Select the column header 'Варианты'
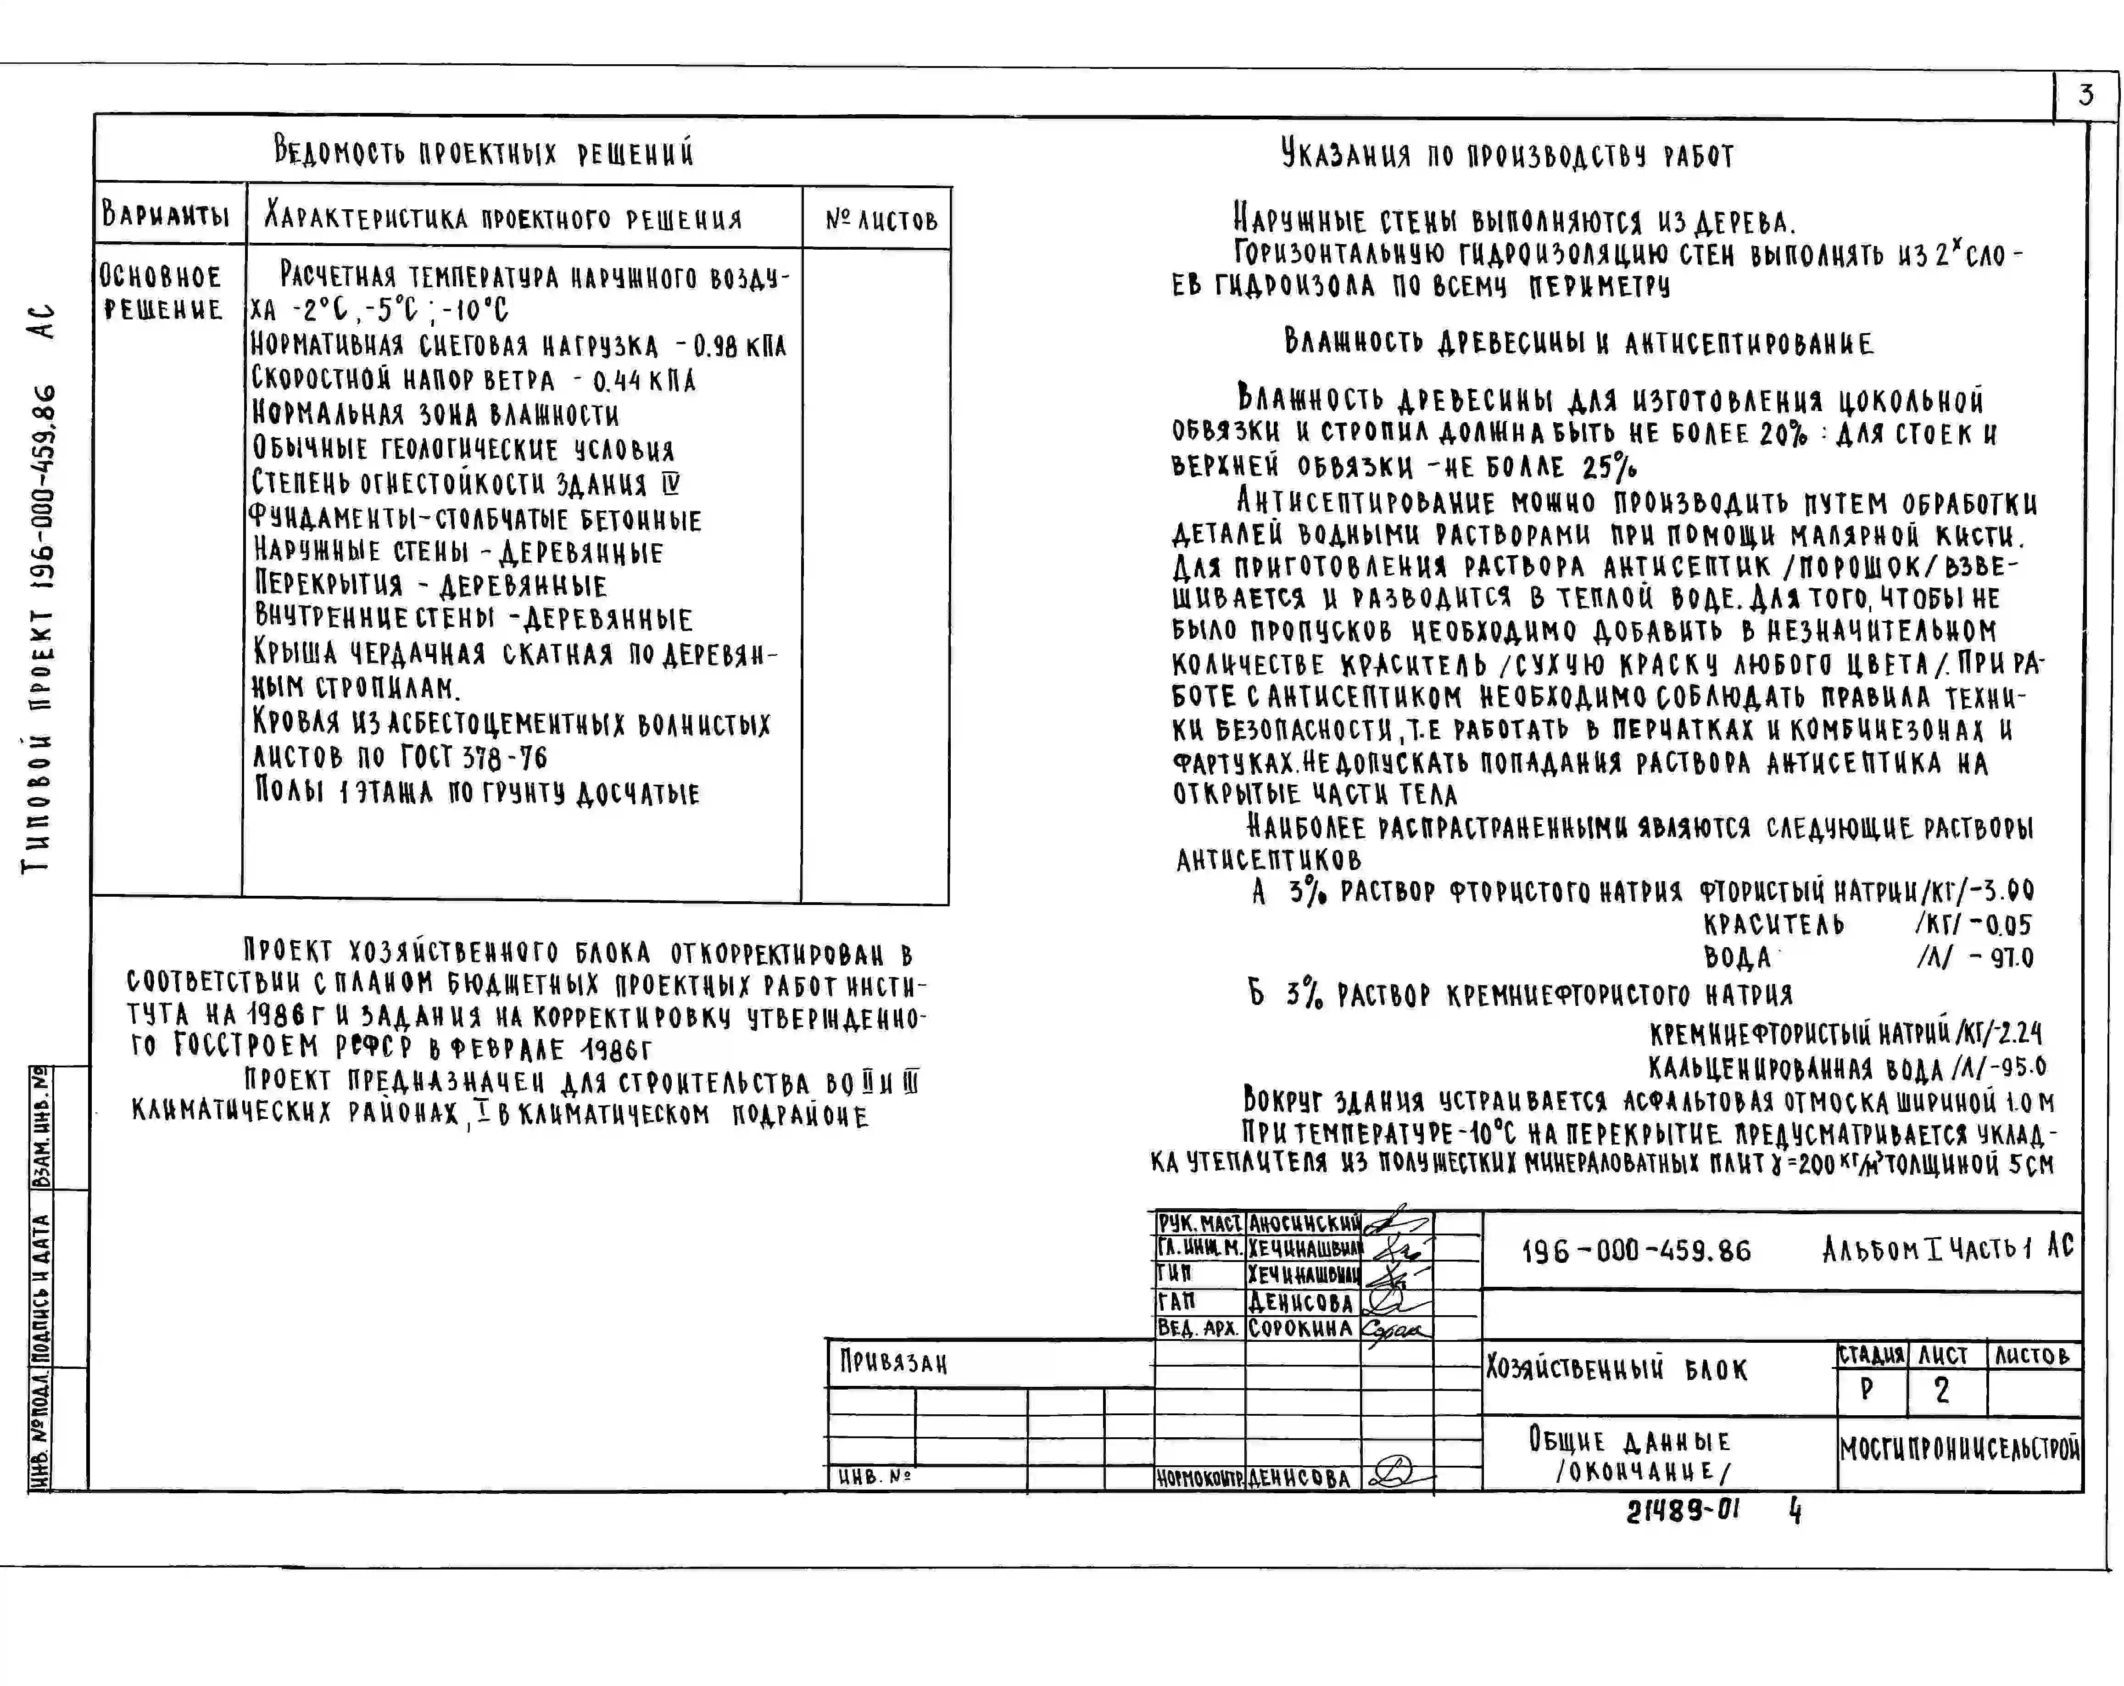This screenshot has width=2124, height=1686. click(x=166, y=215)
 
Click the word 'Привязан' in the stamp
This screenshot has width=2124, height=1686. click(x=892, y=1363)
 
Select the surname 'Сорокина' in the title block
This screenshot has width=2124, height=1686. click(x=1299, y=1327)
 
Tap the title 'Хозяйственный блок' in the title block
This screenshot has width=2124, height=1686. click(x=1616, y=1369)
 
